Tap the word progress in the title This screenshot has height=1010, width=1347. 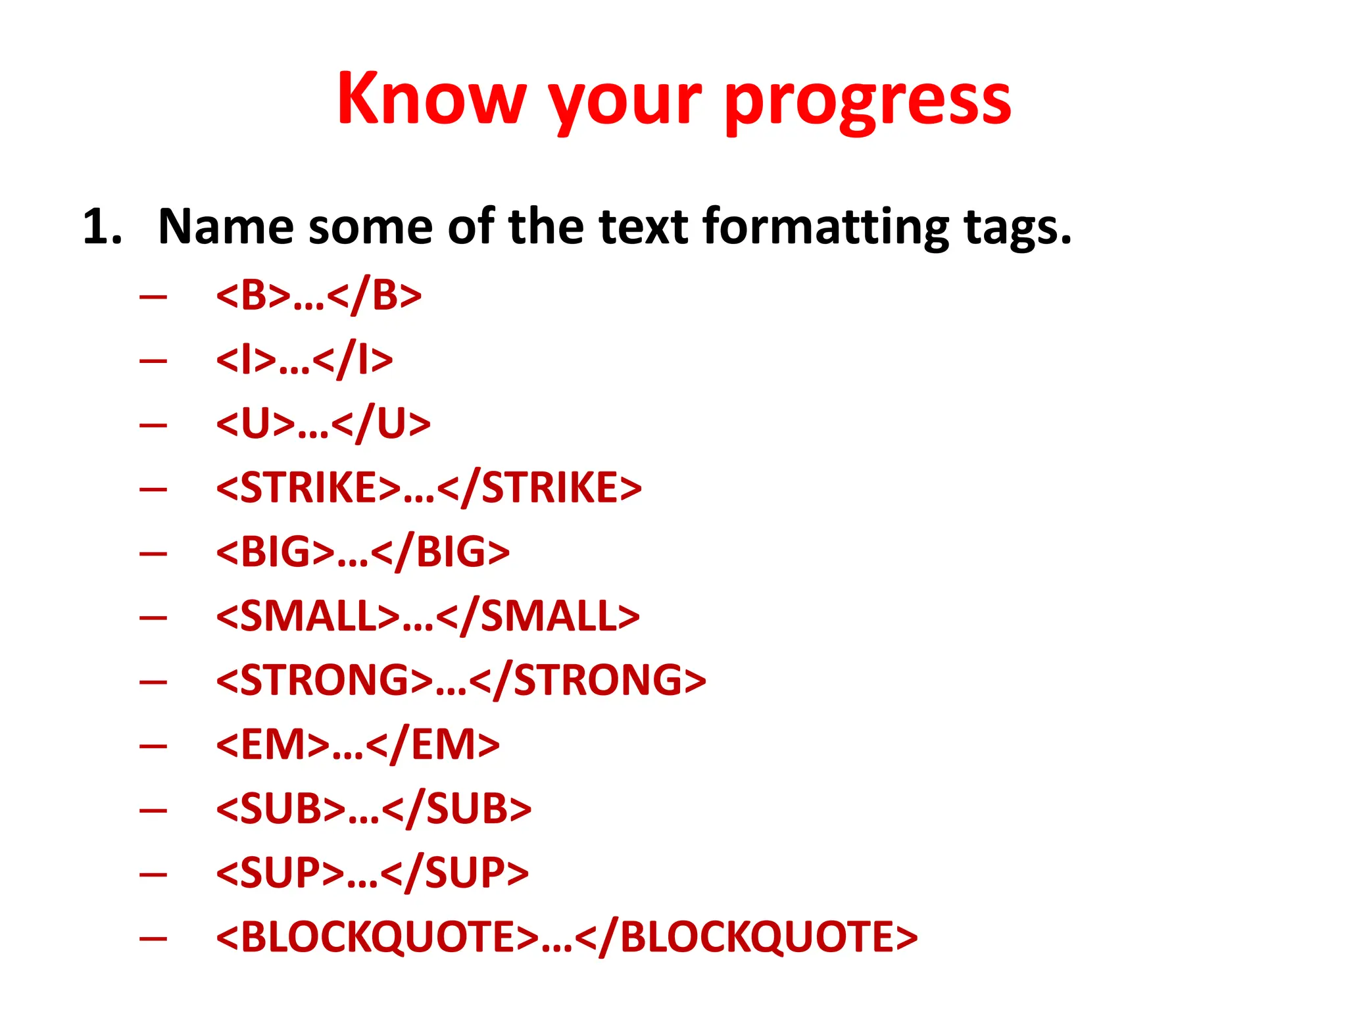868,102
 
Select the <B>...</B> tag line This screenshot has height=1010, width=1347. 318,295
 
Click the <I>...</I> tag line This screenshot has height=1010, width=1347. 304,360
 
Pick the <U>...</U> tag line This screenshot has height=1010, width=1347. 323,423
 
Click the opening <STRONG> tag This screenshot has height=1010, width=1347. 324,680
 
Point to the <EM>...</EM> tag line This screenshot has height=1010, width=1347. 357,744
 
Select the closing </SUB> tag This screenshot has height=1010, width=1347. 456,809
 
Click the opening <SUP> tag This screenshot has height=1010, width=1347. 280,873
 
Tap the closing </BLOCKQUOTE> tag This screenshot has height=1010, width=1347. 746,937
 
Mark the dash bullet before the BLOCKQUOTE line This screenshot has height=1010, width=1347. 153,938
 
